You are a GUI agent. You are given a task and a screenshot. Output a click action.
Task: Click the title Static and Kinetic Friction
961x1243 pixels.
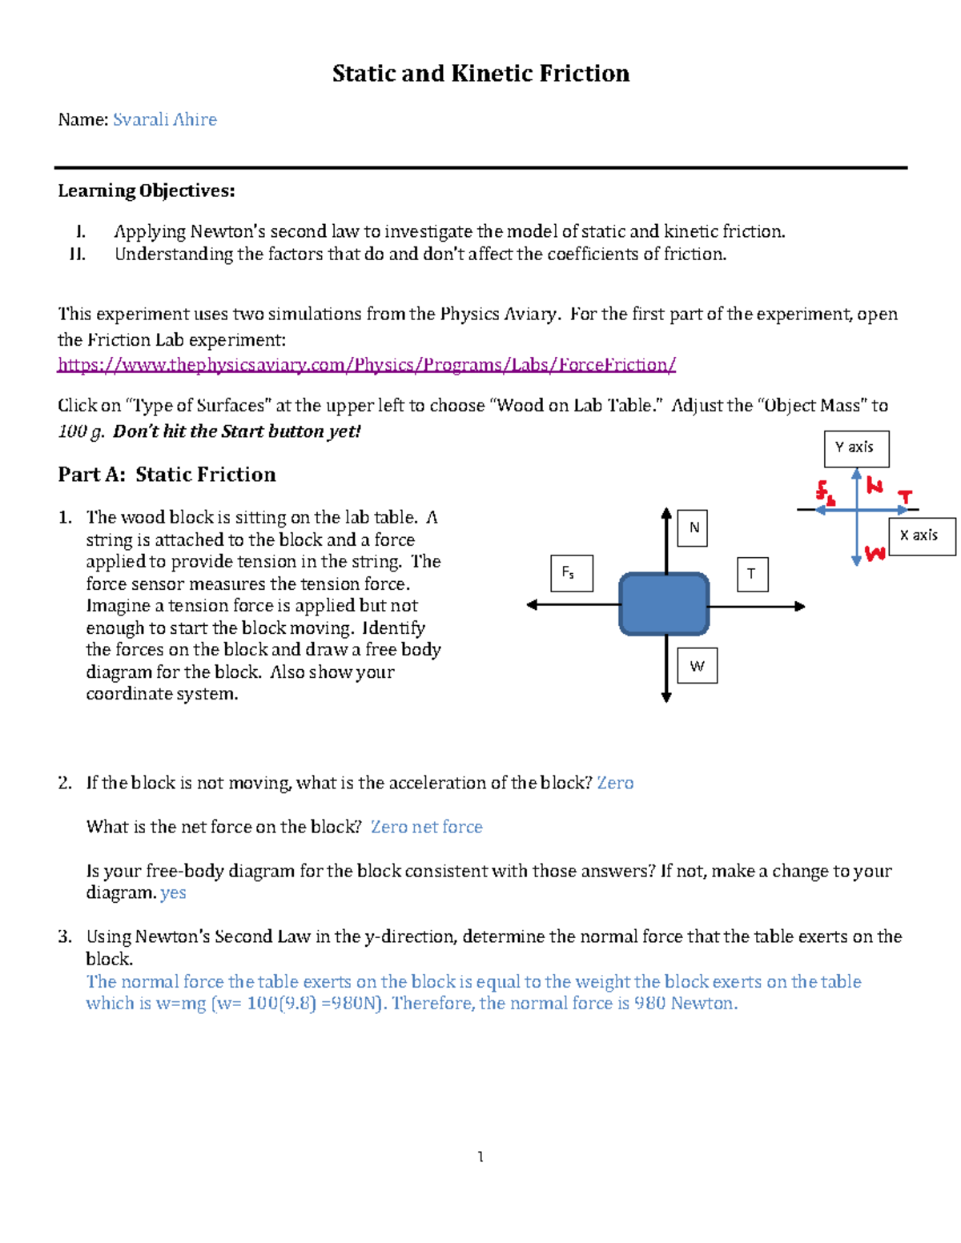pyautogui.click(x=480, y=74)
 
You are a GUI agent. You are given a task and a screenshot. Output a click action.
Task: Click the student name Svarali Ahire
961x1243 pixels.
pyautogui.click(x=165, y=120)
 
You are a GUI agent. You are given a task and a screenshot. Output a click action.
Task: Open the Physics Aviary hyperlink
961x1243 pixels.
pyautogui.click(x=367, y=365)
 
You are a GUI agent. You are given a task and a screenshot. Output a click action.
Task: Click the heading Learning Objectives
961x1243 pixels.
pyautogui.click(x=147, y=190)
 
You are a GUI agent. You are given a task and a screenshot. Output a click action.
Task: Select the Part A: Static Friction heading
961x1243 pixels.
pyautogui.click(x=167, y=475)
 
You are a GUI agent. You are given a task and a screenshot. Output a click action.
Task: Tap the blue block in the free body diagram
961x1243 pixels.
pyautogui.click(x=664, y=604)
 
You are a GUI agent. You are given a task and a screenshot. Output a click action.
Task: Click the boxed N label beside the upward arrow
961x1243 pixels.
pyautogui.click(x=693, y=528)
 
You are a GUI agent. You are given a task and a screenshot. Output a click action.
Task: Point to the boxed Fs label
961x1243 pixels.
pyautogui.click(x=572, y=573)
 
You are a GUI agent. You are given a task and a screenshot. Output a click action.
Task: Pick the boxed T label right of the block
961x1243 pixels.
pyautogui.click(x=752, y=574)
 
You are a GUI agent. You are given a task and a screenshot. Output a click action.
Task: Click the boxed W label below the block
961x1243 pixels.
pyautogui.click(x=697, y=666)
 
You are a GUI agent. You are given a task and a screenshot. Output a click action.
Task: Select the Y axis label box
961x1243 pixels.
pyautogui.click(x=856, y=448)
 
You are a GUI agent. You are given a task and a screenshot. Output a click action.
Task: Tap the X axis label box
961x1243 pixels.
pyautogui.click(x=922, y=536)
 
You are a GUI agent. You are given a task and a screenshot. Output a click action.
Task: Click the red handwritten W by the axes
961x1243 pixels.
pyautogui.click(x=875, y=553)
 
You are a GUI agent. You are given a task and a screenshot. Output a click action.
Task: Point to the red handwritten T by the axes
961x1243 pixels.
pyautogui.click(x=905, y=497)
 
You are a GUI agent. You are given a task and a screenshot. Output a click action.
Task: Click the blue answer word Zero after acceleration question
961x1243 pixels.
pyautogui.click(x=615, y=783)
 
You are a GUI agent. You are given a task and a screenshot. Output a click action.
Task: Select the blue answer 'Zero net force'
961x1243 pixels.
pyautogui.click(x=427, y=827)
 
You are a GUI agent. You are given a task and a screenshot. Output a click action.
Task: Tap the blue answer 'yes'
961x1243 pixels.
pyautogui.click(x=173, y=893)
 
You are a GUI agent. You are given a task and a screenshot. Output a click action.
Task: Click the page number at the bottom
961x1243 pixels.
pyautogui.click(x=480, y=1157)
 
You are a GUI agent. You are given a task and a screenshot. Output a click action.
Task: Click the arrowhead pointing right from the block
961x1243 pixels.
pyautogui.click(x=799, y=607)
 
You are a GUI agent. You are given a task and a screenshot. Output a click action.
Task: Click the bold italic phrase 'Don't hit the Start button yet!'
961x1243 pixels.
pyautogui.click(x=237, y=431)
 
